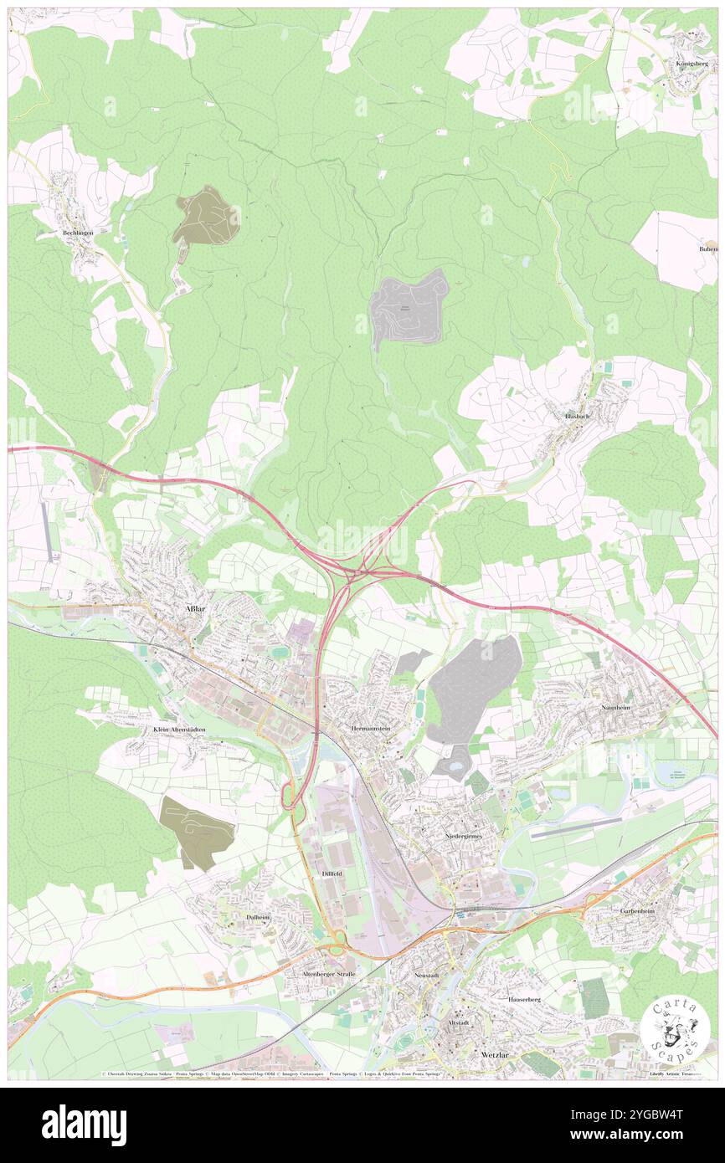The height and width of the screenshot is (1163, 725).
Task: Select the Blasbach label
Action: [x=580, y=416]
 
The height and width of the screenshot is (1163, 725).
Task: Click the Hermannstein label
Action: [x=371, y=729]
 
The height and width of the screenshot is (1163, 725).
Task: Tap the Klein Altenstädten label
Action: [x=179, y=730]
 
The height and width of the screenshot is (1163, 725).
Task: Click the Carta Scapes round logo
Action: [x=675, y=1032]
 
